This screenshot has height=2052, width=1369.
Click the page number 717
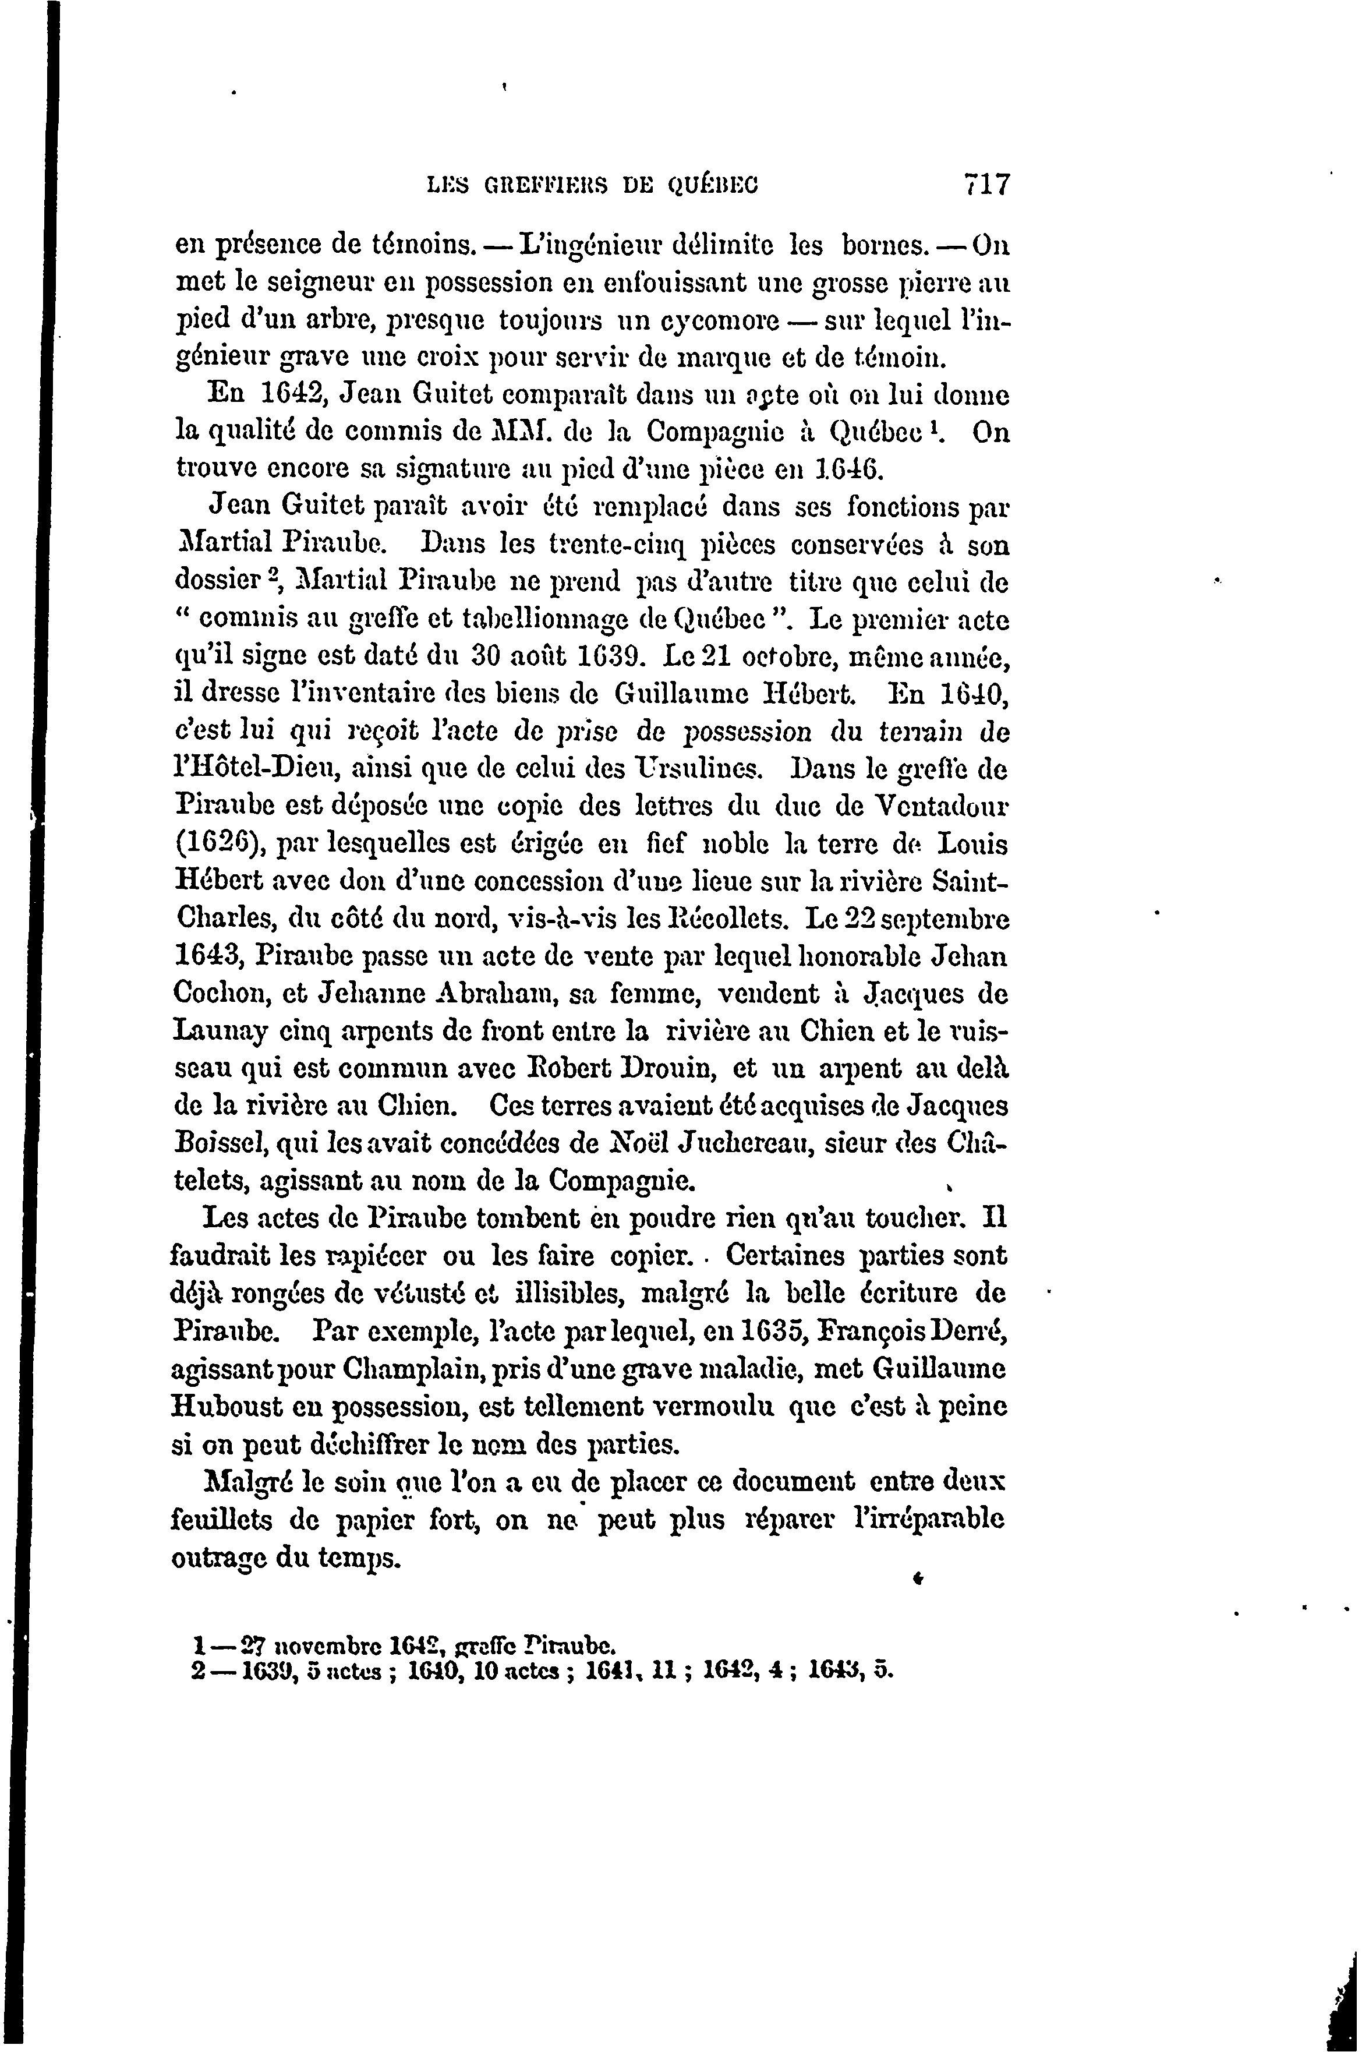tap(986, 186)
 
